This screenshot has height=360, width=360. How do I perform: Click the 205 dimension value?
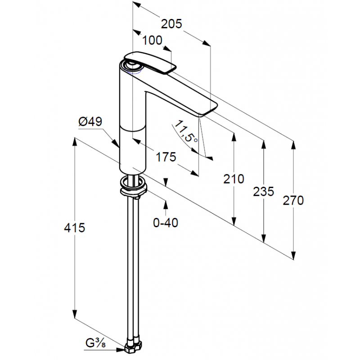tap(171, 24)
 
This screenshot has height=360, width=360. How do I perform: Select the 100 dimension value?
tap(153, 40)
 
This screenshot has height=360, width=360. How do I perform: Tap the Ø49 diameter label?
tap(90, 121)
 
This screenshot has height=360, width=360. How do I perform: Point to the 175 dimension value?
tap(166, 157)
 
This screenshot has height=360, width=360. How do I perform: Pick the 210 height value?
tap(234, 179)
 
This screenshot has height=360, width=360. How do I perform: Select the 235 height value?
tap(264, 192)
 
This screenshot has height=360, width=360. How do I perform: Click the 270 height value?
tap(293, 200)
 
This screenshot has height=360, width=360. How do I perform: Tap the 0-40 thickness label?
tap(166, 223)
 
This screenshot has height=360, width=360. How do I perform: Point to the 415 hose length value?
tap(74, 228)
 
